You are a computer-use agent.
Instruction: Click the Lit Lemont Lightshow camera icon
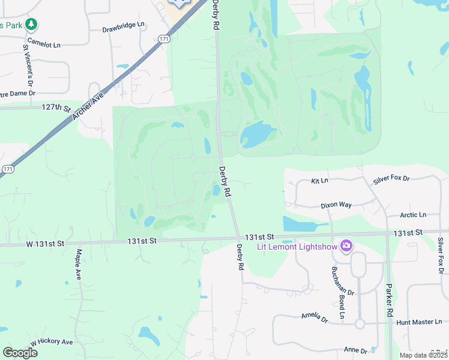pyautogui.click(x=346, y=245)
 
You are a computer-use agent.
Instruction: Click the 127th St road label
pyautogui.click(x=56, y=107)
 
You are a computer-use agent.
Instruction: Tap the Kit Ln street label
pyautogui.click(x=319, y=181)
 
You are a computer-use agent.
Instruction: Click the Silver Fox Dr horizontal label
pyautogui.click(x=391, y=179)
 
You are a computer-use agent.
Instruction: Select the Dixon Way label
pyautogui.click(x=336, y=205)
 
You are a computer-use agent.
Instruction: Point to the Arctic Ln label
pyautogui.click(x=413, y=215)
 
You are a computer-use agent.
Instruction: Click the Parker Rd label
pyautogui.click(x=389, y=300)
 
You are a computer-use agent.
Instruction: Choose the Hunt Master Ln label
pyautogui.click(x=418, y=322)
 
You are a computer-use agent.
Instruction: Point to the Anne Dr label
pyautogui.click(x=355, y=350)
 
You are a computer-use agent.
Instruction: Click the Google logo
pyautogui.click(x=20, y=353)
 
